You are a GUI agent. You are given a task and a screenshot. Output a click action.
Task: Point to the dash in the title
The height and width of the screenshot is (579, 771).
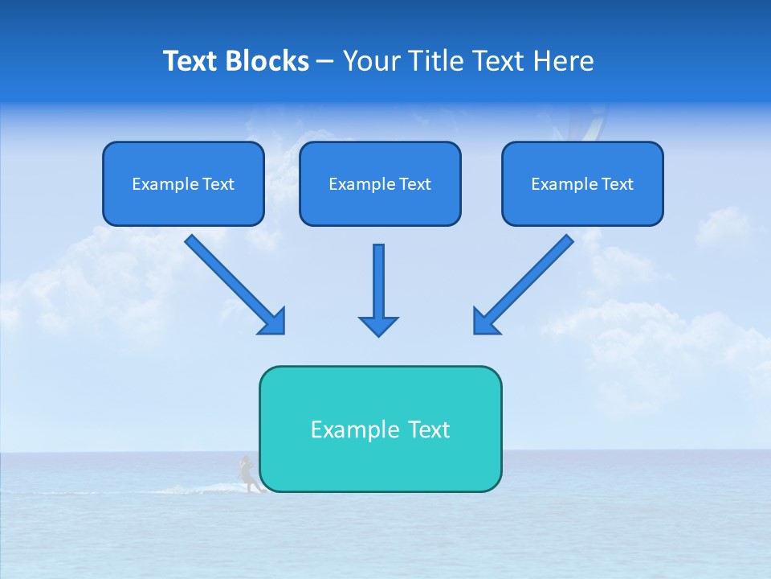pos(325,62)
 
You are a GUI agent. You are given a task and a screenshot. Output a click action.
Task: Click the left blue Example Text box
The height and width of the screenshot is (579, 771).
pos(183,184)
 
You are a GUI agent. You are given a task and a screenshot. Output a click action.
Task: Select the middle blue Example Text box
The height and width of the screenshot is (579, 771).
pos(380,184)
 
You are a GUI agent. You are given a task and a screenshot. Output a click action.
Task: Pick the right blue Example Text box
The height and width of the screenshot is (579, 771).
pos(582,184)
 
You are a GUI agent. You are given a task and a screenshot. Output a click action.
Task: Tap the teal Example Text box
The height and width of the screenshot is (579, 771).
pos(380,429)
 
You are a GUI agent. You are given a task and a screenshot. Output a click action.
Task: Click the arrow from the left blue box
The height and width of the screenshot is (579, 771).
pos(233,283)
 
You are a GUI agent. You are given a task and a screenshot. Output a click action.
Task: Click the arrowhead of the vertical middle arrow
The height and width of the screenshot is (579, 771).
pos(378,325)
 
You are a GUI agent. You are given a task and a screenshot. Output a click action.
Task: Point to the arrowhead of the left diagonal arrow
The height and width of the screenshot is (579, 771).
pos(273,321)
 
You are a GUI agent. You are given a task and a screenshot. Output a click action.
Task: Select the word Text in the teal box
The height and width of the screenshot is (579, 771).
pos(430,429)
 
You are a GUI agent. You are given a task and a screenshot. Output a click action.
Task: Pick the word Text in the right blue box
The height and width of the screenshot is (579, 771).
pos(618,184)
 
